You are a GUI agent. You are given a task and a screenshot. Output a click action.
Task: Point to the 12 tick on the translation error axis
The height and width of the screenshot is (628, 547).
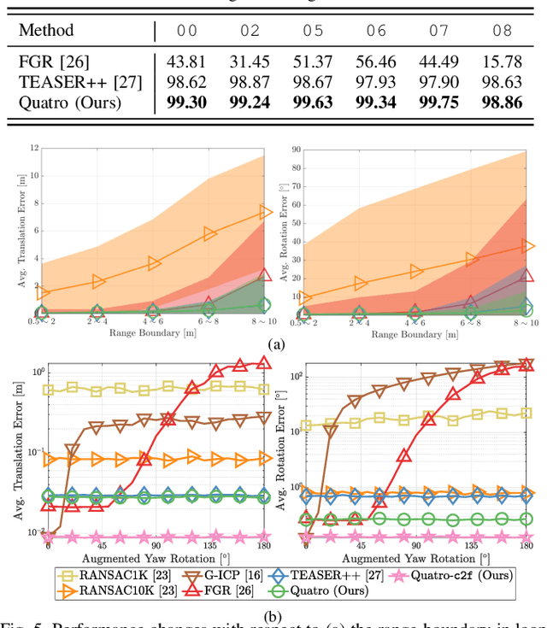pos(34,148)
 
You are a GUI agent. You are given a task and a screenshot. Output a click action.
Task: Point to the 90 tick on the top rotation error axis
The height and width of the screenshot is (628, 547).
pos(296,148)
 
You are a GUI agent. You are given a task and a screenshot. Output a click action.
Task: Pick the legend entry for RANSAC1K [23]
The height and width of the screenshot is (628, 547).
pos(115,575)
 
